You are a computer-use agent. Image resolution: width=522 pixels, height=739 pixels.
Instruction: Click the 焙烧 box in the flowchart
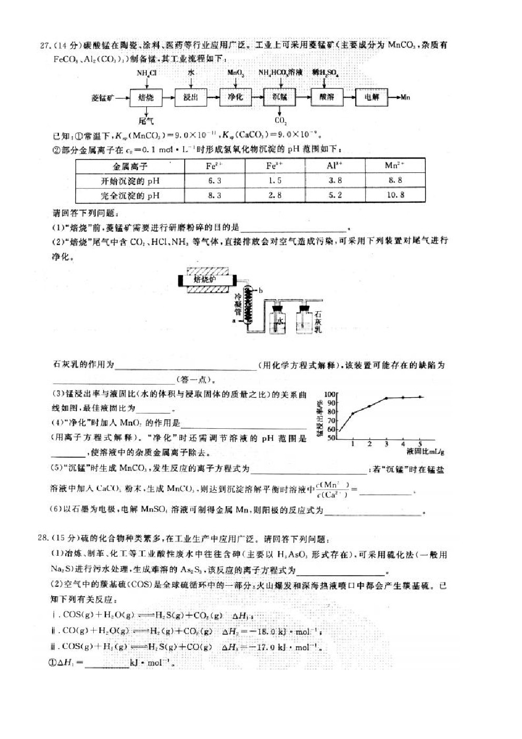[x=146, y=97]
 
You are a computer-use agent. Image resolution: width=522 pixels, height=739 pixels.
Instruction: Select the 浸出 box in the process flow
[x=190, y=97]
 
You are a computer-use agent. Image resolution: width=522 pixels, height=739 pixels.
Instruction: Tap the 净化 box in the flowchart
[x=235, y=97]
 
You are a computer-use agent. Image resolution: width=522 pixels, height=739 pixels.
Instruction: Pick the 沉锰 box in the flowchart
[x=280, y=97]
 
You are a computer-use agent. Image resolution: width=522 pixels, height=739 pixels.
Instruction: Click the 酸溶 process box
[x=326, y=97]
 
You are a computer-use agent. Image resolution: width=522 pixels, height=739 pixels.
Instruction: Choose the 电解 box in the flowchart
[x=372, y=97]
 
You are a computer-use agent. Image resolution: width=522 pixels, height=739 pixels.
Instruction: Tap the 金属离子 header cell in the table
[x=130, y=166]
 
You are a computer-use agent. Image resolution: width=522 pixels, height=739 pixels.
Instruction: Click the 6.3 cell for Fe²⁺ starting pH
[x=215, y=181]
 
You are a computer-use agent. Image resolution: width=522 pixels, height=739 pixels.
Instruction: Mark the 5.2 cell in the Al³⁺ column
[x=335, y=195]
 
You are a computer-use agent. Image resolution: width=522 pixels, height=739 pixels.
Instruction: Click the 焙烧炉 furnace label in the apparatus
[x=205, y=279]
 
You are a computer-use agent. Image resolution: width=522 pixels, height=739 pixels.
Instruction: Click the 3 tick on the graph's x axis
[x=386, y=444]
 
